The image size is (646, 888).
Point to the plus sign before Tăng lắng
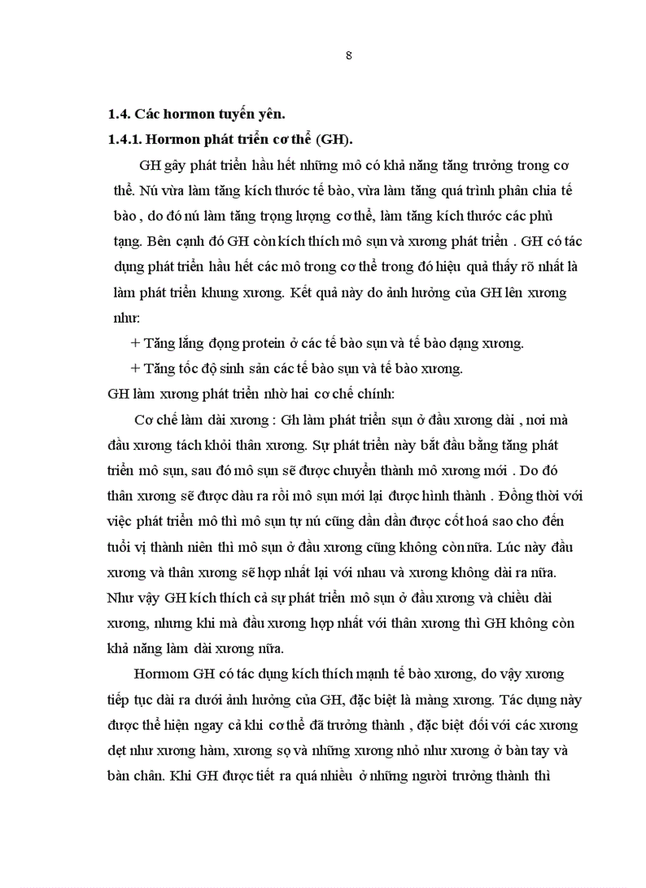(x=135, y=344)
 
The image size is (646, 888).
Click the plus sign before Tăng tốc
(x=135, y=368)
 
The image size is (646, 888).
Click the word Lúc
(x=493, y=547)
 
